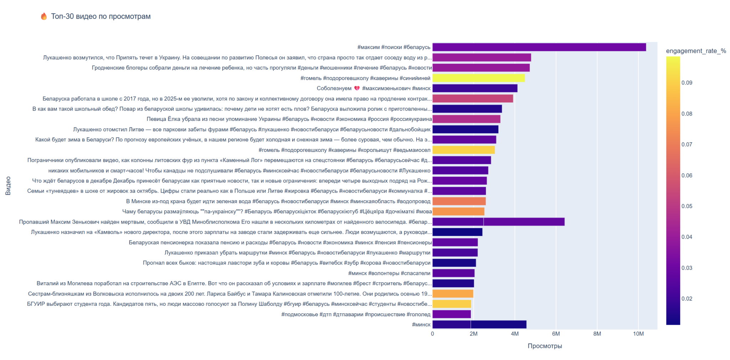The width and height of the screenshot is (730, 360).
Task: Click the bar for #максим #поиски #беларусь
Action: point(539,47)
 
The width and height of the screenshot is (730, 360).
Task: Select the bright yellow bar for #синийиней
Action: point(478,78)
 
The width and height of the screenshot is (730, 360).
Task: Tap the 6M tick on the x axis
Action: point(556,334)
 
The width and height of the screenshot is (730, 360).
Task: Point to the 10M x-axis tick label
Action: point(638,334)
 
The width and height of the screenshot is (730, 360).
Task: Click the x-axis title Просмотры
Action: point(545,346)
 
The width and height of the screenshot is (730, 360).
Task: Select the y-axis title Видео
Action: point(8,186)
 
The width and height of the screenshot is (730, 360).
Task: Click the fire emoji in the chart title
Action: point(44,16)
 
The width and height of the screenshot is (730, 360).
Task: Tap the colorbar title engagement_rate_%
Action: point(696,51)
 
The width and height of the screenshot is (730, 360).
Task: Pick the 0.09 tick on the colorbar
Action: point(687,83)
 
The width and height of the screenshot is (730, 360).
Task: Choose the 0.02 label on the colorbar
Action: point(687,299)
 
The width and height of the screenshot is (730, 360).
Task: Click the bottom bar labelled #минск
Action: point(479,325)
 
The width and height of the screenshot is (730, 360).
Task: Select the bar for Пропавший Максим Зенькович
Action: point(498,222)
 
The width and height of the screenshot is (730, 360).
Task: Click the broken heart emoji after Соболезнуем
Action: point(357,88)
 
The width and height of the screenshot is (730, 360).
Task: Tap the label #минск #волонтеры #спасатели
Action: point(389,273)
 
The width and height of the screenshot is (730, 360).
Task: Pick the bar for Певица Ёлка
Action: point(466,119)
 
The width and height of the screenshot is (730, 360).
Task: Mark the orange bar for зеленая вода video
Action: point(459,201)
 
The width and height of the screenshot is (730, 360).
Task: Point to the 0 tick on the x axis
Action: point(432,334)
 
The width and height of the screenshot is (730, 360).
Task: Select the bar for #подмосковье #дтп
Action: point(452,314)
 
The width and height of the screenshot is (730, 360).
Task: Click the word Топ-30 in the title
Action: point(61,16)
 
